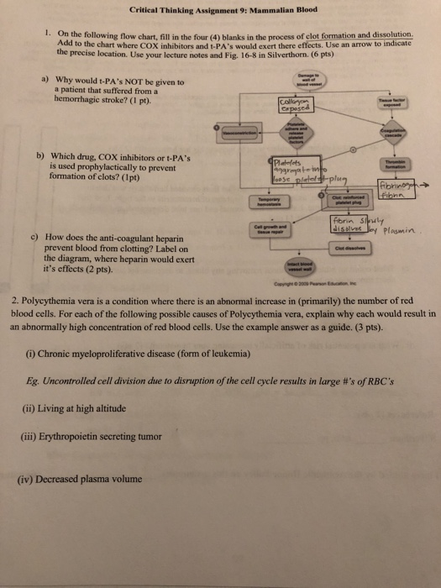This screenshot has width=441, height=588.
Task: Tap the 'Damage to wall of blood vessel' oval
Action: coord(299,80)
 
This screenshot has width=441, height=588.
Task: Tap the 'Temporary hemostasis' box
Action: coord(264,202)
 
